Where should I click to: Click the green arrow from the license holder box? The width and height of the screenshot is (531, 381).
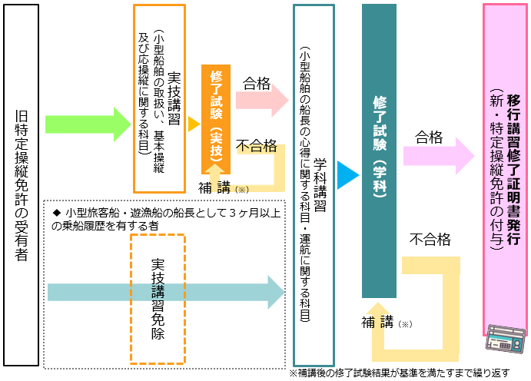(x=88, y=124)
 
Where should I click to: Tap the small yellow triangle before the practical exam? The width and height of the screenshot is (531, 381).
(x=194, y=124)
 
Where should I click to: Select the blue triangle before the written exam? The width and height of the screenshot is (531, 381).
(x=348, y=175)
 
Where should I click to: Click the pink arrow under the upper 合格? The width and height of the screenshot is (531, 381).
(x=262, y=100)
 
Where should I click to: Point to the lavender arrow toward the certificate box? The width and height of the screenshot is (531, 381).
(x=439, y=156)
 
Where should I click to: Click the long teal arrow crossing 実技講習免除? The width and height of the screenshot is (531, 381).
(x=166, y=293)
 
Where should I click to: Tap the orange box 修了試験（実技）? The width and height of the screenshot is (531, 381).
(x=216, y=119)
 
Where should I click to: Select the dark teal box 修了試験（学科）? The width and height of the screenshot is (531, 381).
(x=379, y=151)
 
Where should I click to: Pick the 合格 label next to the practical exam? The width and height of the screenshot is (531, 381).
(x=257, y=83)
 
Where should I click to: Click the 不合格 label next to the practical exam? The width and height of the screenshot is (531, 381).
(x=257, y=146)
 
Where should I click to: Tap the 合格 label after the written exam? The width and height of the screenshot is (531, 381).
(x=429, y=137)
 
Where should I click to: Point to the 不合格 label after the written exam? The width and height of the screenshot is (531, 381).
(x=430, y=239)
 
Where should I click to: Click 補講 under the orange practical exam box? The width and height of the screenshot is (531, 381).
(x=214, y=187)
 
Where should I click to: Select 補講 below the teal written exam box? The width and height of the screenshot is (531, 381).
(x=377, y=322)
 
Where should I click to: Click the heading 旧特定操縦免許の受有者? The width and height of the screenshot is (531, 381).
(x=22, y=185)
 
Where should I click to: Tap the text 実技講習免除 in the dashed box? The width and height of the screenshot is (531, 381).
(x=158, y=299)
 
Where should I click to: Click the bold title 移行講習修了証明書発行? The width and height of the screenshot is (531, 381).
(x=513, y=170)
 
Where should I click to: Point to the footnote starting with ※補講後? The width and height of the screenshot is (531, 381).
(x=400, y=373)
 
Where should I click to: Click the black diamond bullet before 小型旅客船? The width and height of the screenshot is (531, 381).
(x=57, y=213)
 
